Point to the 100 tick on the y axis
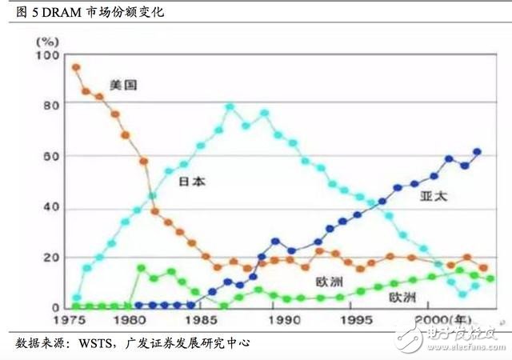tap(49, 54)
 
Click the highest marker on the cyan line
tap(230, 106)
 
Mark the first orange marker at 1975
tap(76, 67)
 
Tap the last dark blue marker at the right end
tap(478, 151)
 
